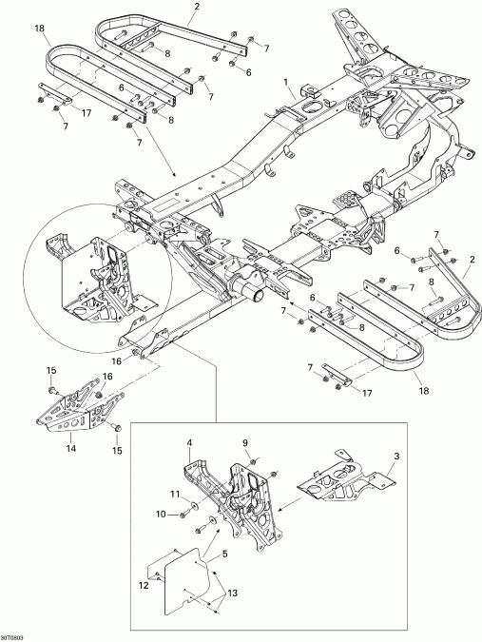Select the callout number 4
pos(190,442)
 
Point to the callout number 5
pos(224,554)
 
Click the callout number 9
pos(244,442)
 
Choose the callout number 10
pos(161,514)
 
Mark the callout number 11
pos(174,495)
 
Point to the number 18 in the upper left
pos(39,29)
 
